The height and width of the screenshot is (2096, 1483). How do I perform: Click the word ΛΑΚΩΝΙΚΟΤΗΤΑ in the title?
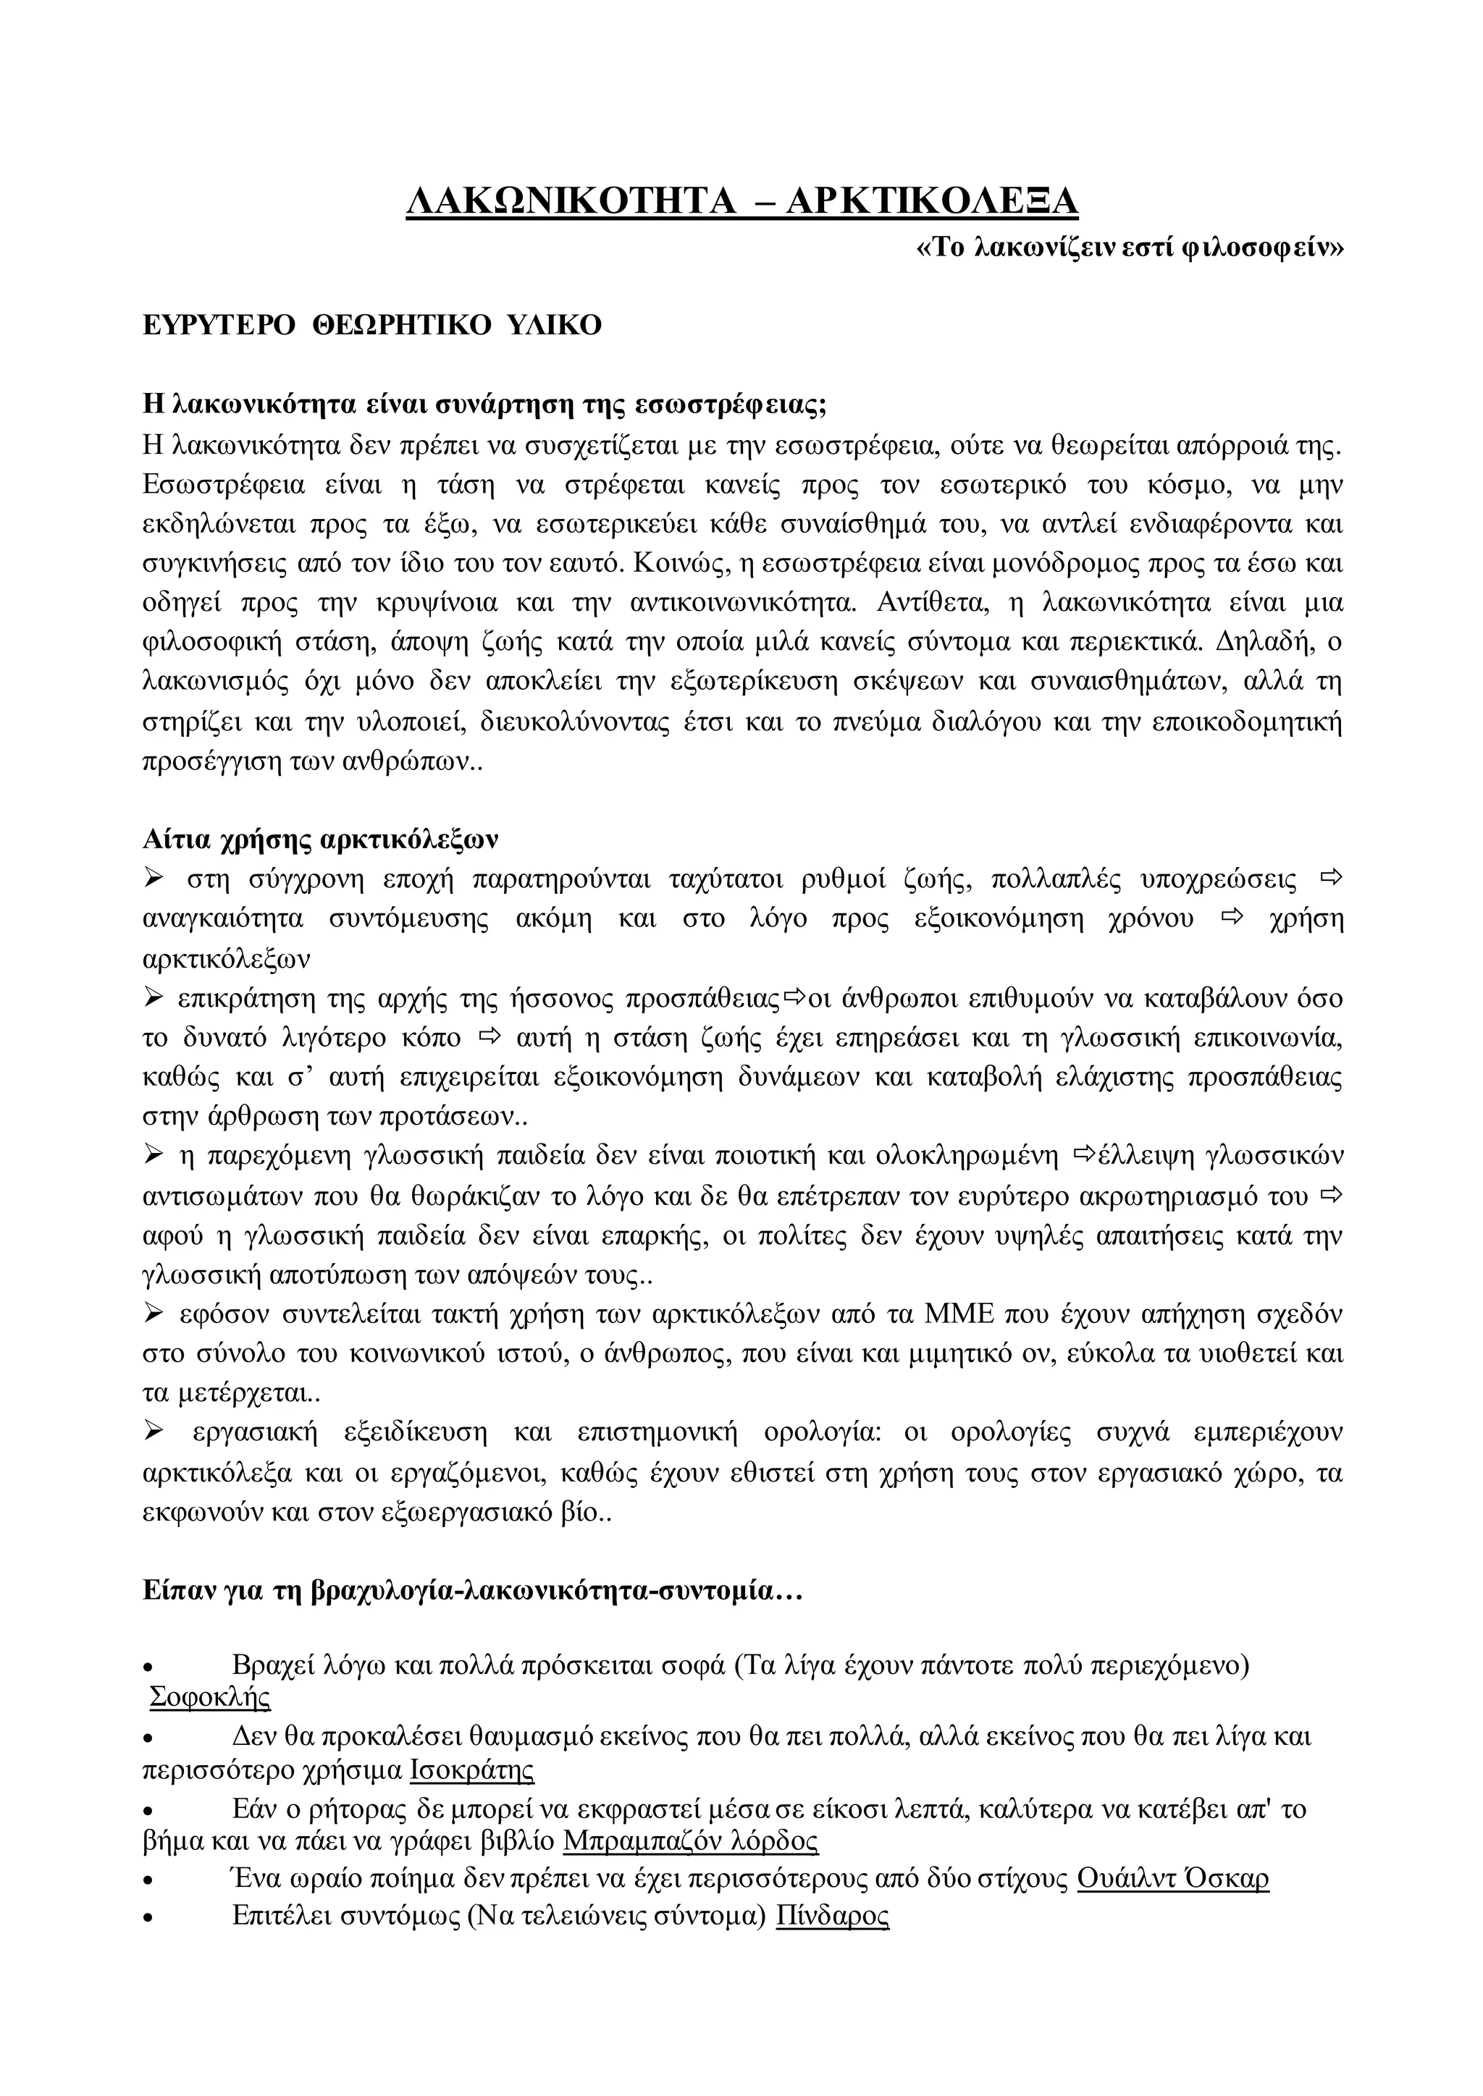coord(571,200)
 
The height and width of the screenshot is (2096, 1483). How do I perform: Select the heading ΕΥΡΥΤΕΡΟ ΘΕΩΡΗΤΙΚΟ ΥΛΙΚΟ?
coord(373,325)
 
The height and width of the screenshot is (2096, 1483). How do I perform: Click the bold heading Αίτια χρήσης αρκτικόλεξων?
coord(321,839)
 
